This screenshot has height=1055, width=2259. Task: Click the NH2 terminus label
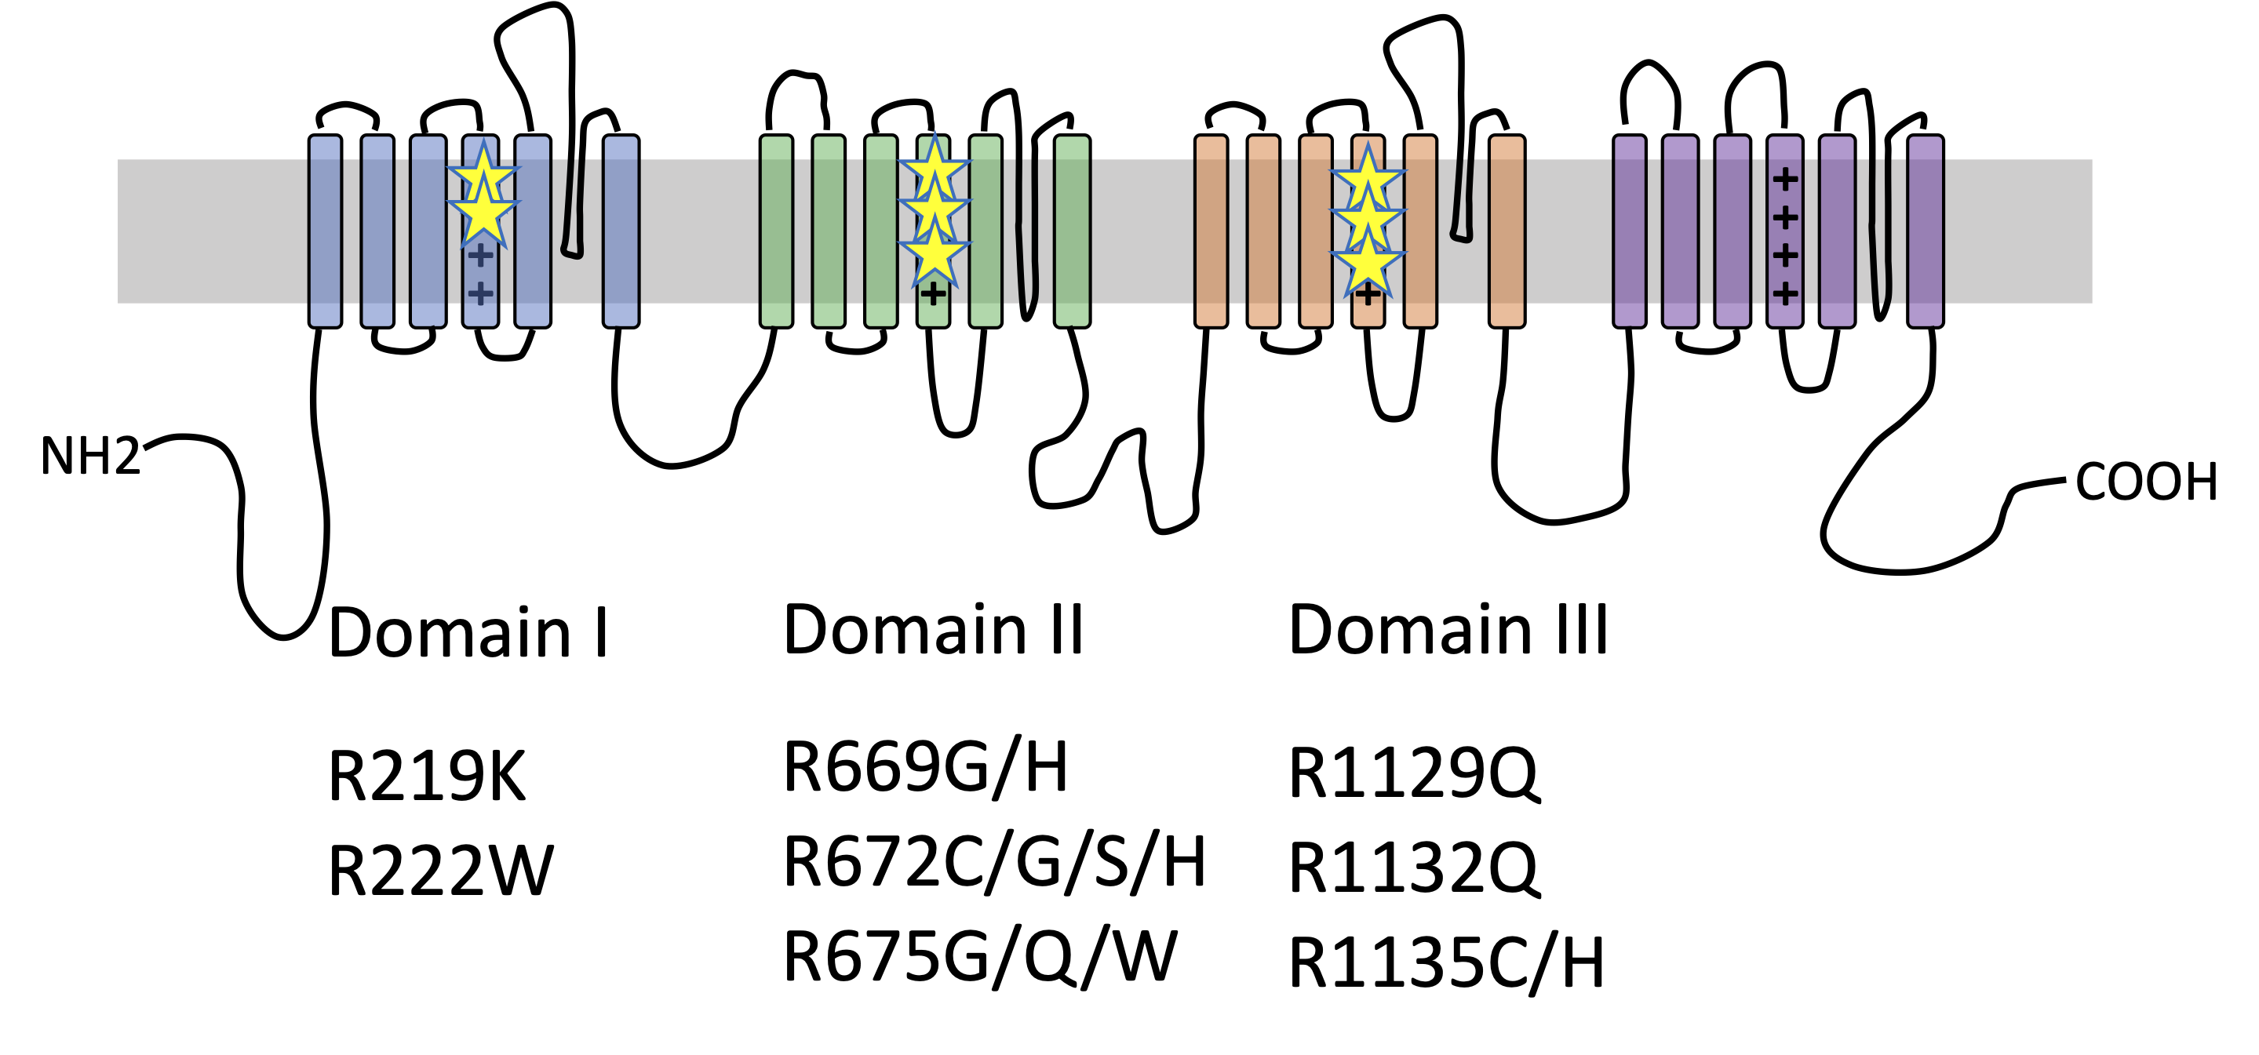(x=90, y=456)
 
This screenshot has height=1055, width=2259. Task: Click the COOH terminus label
(x=2146, y=482)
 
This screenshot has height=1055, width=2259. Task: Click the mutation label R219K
(x=426, y=776)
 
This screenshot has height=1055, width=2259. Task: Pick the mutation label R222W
(x=440, y=871)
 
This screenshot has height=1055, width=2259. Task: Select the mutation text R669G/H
(x=925, y=767)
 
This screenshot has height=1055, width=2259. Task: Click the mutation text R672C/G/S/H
(x=993, y=863)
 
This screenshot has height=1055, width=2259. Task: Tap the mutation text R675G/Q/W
(x=979, y=957)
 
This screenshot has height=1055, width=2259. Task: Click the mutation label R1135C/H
(x=1446, y=964)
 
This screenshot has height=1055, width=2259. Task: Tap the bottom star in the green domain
(x=934, y=254)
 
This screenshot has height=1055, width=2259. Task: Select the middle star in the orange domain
(x=1367, y=216)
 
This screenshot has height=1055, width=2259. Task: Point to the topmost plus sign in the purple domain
(x=1784, y=180)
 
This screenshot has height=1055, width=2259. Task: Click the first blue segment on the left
(x=326, y=231)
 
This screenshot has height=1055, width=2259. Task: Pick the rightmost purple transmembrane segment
(x=1925, y=231)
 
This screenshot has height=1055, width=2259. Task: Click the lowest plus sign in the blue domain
(x=479, y=293)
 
